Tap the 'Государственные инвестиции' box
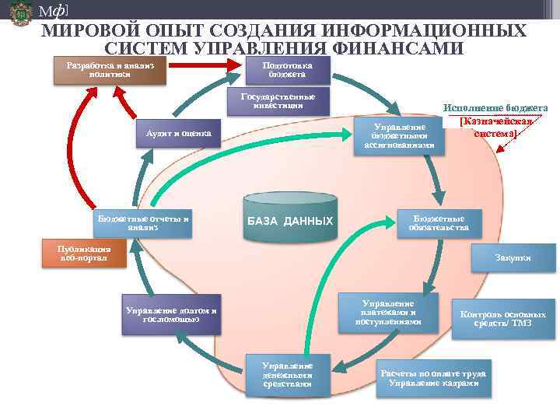point(278,101)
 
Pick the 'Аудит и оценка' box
point(178,133)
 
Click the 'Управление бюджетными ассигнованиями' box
point(399,136)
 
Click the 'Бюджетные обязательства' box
point(439,223)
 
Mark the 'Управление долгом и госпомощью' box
point(170,314)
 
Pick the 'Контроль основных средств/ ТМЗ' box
point(502,318)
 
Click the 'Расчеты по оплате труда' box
point(432,378)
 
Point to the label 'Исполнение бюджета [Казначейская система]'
point(496,121)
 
